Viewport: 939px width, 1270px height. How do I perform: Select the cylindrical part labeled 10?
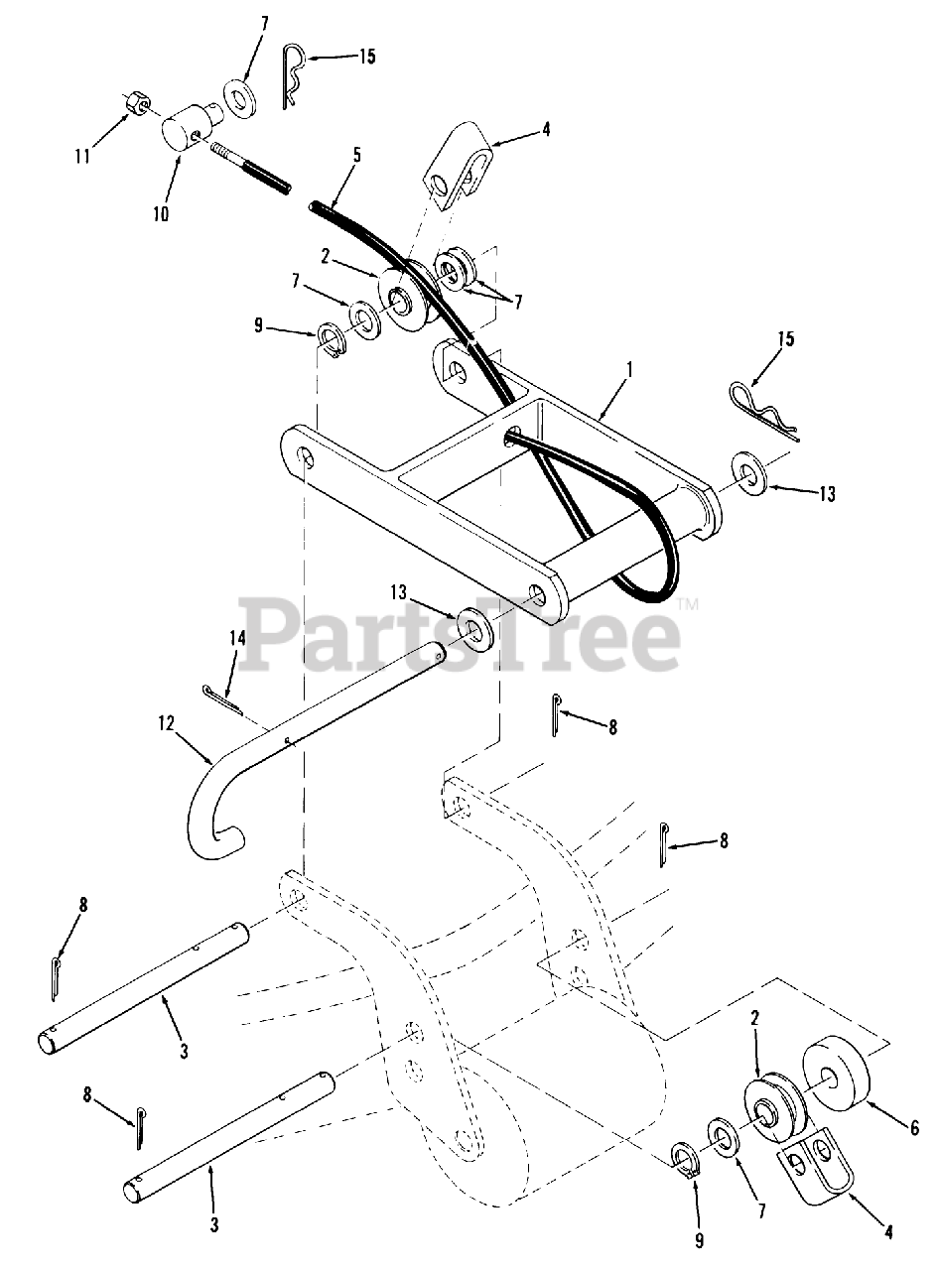pyautogui.click(x=186, y=129)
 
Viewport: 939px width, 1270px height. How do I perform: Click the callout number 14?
pyautogui.click(x=237, y=639)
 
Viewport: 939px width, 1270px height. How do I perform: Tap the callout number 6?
pyautogui.click(x=914, y=1127)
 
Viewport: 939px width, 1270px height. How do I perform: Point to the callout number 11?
pyautogui.click(x=83, y=155)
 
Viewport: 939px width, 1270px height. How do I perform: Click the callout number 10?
pyautogui.click(x=161, y=213)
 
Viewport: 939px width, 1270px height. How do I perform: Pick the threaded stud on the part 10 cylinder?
pyautogui.click(x=250, y=167)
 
